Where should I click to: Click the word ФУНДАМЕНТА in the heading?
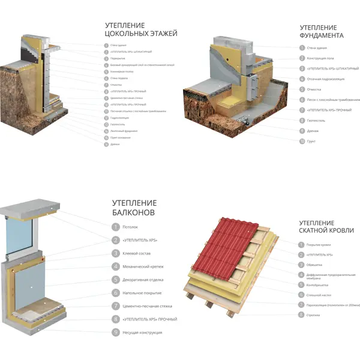pyautogui.click(x=322, y=35)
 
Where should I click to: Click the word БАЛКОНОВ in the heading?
pyautogui.click(x=134, y=212)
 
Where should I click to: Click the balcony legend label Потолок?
pyautogui.click(x=130, y=227)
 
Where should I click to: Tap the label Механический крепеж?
pyautogui.click(x=143, y=266)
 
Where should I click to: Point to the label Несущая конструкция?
pyautogui.click(x=143, y=332)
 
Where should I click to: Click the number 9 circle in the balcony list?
pyautogui.click(x=115, y=332)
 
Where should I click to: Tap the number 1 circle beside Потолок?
pyautogui.click(x=115, y=227)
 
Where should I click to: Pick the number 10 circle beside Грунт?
pyautogui.click(x=302, y=142)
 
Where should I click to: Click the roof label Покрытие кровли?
pyautogui.click(x=319, y=244)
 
